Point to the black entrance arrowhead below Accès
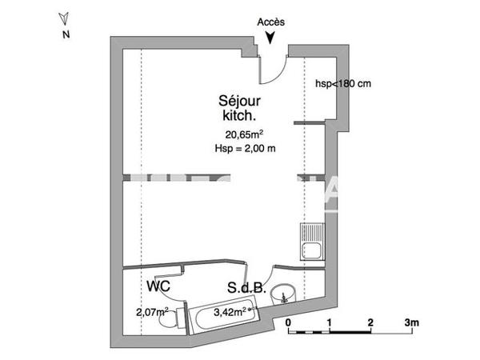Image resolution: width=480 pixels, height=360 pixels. pyautogui.click(x=274, y=37)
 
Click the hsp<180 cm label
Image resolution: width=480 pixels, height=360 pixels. pyautogui.click(x=342, y=83)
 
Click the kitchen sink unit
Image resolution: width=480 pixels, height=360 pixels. pyautogui.click(x=310, y=242)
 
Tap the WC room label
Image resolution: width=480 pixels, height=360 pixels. pyautogui.click(x=158, y=286)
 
